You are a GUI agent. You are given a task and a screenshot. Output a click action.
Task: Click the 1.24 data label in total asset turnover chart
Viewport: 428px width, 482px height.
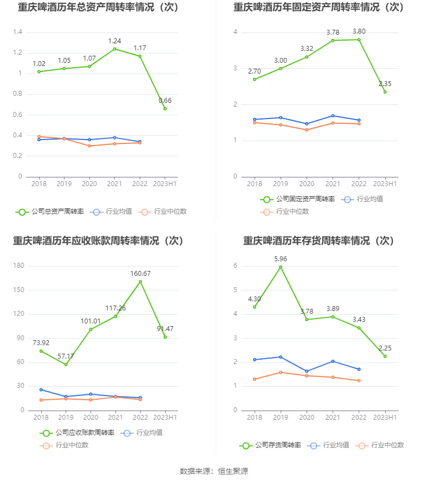point(114,41)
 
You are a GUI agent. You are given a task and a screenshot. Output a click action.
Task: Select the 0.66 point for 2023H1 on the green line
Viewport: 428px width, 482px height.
point(165,109)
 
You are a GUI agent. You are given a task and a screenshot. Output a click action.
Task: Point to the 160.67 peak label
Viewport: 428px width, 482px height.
point(140,274)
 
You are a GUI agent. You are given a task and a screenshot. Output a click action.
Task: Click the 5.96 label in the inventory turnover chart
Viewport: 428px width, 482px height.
point(280,259)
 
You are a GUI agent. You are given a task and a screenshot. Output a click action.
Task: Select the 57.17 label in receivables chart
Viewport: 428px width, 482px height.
point(66,356)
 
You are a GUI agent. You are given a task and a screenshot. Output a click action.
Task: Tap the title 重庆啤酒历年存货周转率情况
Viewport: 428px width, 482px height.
point(318,241)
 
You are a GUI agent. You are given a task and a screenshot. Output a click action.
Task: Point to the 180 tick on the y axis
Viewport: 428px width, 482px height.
point(19,266)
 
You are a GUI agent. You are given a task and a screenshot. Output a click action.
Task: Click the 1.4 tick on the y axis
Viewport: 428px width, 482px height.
point(18,32)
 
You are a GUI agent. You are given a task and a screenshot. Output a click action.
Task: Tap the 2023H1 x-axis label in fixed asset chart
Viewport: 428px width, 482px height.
point(385,184)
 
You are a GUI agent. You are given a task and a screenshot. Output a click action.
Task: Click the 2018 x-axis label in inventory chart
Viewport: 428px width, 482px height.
point(255,418)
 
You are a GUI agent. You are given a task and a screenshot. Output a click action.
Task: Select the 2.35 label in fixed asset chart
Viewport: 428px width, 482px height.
point(385,84)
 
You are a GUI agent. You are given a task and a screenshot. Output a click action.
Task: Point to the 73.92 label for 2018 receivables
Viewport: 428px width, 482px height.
point(41,343)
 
